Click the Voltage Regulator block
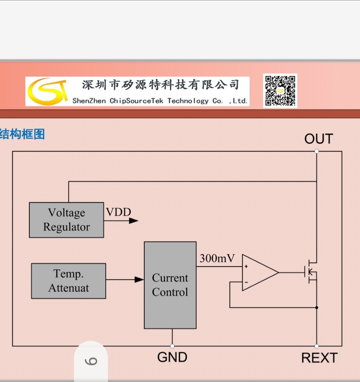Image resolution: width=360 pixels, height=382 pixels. pos(66,220)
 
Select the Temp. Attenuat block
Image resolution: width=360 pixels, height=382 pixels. pos(68,281)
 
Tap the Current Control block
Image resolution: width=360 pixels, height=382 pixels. pos(170,285)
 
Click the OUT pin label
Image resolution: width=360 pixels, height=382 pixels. pos(319,139)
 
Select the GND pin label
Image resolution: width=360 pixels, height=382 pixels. pos(172,357)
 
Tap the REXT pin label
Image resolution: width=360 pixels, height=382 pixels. pos(319,358)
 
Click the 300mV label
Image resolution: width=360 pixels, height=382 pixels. pos(217,259)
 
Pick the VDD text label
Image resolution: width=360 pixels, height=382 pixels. pos(119,212)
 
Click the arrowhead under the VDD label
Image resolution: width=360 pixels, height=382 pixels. pos(133,221)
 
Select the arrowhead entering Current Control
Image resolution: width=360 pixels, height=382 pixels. pos(139,279)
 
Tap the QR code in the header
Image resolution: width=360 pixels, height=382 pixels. pos(280,91)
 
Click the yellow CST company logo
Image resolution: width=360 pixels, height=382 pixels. pos(47,92)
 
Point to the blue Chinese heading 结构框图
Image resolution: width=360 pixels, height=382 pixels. pos(22,134)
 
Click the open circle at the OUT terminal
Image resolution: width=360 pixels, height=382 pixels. pos(316,151)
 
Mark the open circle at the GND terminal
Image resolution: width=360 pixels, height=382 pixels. pos(172,346)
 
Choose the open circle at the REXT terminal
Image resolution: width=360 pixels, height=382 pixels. pos(316,346)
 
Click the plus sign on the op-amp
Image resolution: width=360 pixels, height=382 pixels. pos(246,266)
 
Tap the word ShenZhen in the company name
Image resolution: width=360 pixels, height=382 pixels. pos(89,101)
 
